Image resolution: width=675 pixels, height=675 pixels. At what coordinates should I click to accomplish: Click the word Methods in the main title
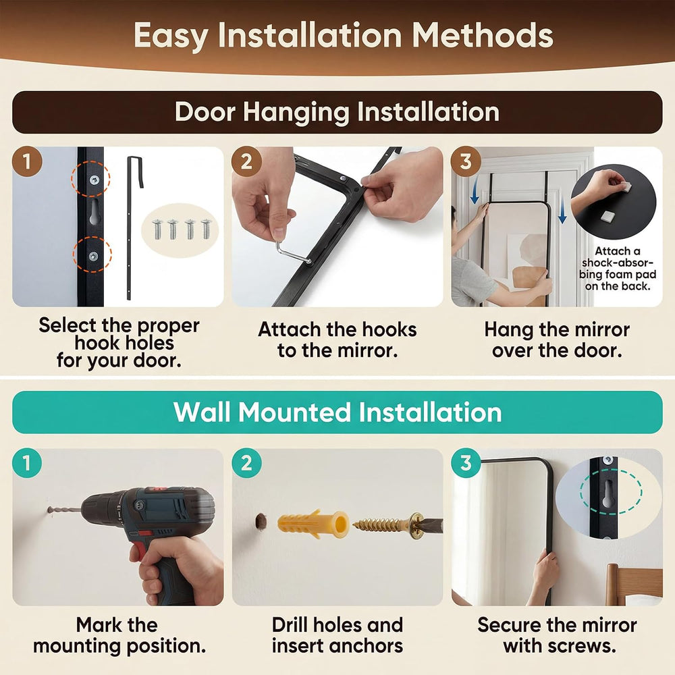tap(483, 35)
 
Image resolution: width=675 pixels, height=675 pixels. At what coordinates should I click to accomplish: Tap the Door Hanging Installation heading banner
tap(337, 112)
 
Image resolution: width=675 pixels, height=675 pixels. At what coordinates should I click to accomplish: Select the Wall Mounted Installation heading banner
tap(337, 412)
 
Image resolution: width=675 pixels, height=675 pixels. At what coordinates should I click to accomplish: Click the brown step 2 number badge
tap(246, 161)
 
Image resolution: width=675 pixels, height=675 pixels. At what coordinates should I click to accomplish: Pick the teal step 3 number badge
tap(466, 463)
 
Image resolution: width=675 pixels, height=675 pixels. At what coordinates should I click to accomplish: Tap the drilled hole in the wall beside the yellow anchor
tap(261, 521)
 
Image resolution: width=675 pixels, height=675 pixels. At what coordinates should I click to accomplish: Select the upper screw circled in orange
tap(94, 180)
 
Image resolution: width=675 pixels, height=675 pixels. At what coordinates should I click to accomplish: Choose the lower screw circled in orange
tap(93, 256)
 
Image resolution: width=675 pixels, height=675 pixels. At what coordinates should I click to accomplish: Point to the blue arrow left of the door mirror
tap(475, 192)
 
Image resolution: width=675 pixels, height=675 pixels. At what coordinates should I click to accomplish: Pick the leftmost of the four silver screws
tap(157, 229)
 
